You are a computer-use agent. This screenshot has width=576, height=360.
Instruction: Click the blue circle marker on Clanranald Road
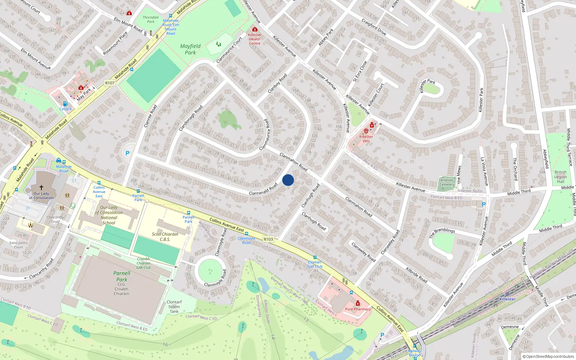[x=288, y=180]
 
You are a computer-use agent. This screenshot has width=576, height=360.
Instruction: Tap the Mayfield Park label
[x=190, y=49]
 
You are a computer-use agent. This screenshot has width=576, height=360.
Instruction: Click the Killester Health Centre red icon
[x=255, y=29]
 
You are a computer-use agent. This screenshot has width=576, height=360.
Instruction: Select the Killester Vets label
[x=366, y=139]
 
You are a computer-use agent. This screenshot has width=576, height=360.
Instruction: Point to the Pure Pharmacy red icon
[x=358, y=303]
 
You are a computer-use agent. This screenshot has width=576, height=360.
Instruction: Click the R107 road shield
[x=110, y=83]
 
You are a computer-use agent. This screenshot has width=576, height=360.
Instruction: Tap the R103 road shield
[x=268, y=239]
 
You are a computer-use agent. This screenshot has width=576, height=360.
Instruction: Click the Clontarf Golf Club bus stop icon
[x=315, y=257]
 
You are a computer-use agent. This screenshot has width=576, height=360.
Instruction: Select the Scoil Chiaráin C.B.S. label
[x=165, y=237]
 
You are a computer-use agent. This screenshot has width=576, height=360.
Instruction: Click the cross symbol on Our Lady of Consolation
[x=41, y=188]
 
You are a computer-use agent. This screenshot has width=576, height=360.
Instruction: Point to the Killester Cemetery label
[x=447, y=183]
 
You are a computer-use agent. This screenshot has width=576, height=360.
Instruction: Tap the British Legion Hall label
[x=560, y=177]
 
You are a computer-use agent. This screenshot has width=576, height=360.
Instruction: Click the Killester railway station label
[x=507, y=299]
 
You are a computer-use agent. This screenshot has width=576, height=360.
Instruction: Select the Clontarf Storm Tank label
[x=174, y=307]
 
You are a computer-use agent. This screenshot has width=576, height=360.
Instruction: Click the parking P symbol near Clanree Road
[x=127, y=153]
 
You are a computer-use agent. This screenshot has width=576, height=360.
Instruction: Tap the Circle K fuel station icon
[x=65, y=104]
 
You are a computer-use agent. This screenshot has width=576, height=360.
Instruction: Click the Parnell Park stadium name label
[x=122, y=276]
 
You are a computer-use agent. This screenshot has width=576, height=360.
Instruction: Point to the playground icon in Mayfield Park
[x=219, y=44]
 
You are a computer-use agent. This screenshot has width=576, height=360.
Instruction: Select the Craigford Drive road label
[x=374, y=27]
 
